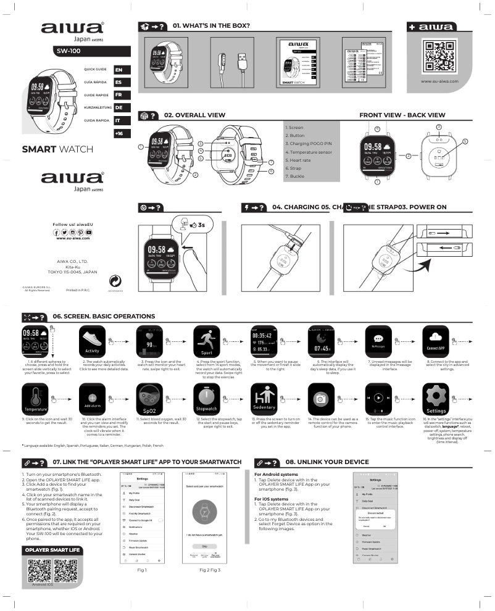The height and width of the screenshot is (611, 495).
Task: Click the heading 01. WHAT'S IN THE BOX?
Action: pos(211,26)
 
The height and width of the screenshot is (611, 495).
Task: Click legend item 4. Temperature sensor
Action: pos(309,152)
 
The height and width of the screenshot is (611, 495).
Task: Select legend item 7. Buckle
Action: pos(295,177)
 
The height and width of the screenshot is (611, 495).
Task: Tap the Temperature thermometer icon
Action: pos(35,399)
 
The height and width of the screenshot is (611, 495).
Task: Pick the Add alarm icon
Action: pos(92,399)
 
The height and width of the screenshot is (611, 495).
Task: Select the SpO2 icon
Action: pos(149,399)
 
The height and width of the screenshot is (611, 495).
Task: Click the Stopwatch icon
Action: pos(206,399)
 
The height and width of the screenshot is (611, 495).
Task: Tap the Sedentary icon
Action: pos(264,399)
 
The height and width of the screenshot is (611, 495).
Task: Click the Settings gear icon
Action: pos(436,399)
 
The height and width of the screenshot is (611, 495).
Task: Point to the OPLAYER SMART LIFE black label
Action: pos(52,549)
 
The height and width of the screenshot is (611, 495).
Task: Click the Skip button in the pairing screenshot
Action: pos(204,546)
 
